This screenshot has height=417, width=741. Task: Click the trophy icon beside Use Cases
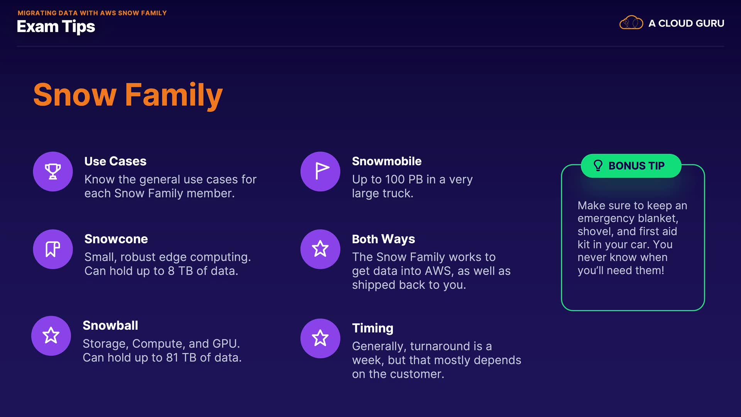(x=53, y=171)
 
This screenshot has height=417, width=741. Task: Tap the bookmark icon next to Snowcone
(x=53, y=249)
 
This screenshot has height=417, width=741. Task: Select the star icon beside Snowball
(x=51, y=336)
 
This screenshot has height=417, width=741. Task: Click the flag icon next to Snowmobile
(x=322, y=171)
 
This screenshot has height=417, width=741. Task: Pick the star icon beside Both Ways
(x=320, y=249)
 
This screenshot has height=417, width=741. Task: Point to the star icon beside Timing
(x=320, y=338)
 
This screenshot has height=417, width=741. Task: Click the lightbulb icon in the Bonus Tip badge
(x=598, y=166)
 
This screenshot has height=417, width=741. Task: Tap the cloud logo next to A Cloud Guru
(x=631, y=23)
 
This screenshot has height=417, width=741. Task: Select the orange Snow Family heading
(x=128, y=95)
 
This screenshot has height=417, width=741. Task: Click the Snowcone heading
(x=116, y=239)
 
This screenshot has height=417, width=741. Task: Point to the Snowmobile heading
(x=387, y=161)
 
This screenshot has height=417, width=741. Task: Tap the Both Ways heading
(x=384, y=239)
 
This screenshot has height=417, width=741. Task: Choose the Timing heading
(x=373, y=328)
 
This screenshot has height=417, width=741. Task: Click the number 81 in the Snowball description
(x=172, y=358)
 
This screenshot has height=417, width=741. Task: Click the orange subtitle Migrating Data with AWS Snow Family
(x=92, y=13)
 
